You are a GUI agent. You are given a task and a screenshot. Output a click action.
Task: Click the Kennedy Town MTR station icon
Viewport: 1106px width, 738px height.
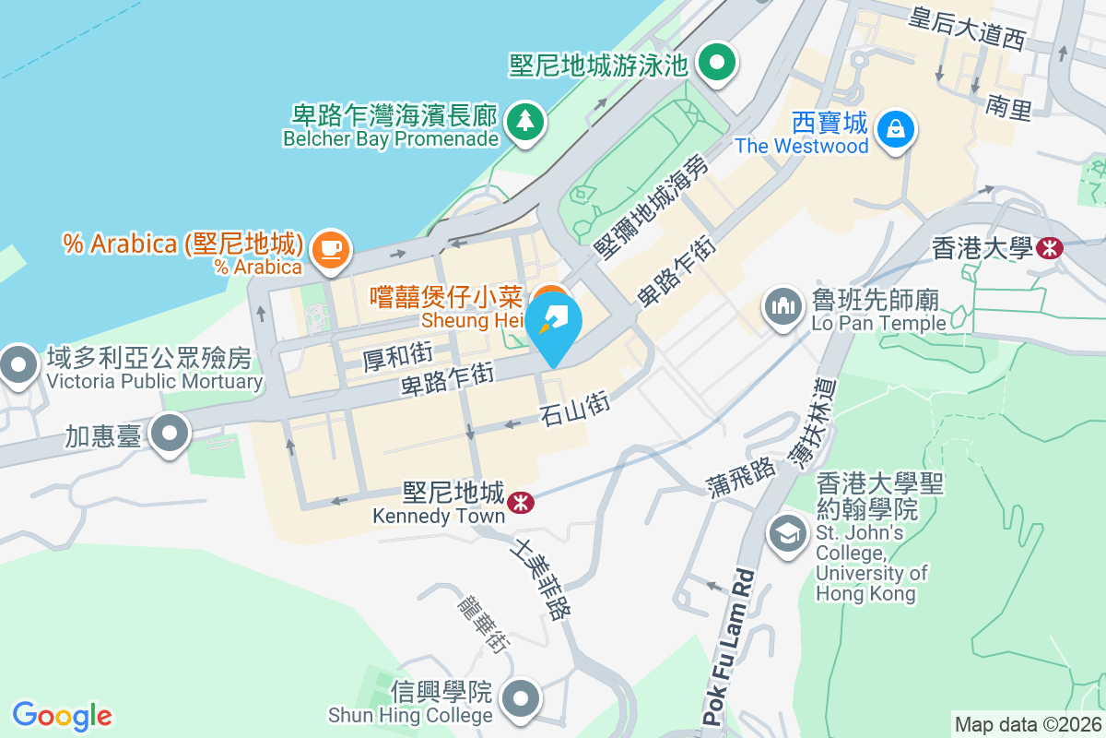point(521,502)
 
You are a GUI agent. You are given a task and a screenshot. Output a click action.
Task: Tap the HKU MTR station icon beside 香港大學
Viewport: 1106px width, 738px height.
point(1049,247)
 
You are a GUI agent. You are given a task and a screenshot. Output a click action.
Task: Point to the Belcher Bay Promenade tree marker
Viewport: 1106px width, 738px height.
point(525,120)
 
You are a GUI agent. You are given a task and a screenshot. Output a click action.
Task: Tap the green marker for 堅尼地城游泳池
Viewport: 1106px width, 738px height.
point(716,64)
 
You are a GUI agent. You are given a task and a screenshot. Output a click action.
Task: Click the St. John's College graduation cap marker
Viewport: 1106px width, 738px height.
point(787,533)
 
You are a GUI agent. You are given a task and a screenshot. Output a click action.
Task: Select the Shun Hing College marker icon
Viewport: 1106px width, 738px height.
point(521,697)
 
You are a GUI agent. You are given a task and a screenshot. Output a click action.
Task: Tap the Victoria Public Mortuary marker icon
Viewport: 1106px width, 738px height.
point(18,364)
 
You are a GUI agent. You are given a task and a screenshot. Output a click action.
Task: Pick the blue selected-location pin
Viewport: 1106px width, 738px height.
point(554,325)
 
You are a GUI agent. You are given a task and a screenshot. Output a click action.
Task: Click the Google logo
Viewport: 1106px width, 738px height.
point(62,716)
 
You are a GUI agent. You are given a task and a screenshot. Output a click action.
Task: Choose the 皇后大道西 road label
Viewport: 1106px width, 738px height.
point(967,28)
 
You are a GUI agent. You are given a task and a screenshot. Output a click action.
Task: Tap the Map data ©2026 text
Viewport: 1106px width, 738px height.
point(1028,725)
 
